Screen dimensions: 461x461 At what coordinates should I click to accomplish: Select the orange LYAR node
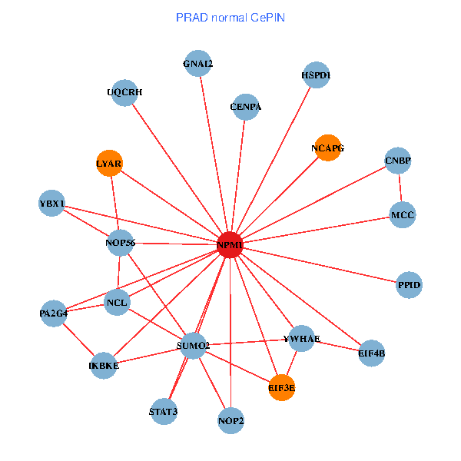[109, 163]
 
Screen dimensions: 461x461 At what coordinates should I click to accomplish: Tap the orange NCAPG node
[327, 147]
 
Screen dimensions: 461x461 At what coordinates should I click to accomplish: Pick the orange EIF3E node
[282, 388]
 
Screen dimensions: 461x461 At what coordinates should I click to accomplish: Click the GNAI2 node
[198, 64]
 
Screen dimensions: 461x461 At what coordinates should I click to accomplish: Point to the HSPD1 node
[316, 75]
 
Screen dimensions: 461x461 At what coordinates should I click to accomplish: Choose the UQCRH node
[124, 92]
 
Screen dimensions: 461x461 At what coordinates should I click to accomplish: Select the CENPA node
[245, 107]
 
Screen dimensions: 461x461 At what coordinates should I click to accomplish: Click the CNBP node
[398, 161]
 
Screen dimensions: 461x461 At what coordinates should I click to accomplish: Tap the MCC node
[402, 214]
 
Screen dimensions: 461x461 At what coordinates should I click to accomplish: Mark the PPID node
[409, 285]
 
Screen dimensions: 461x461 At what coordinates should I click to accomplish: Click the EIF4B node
[371, 353]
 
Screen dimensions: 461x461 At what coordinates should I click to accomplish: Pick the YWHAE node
[301, 339]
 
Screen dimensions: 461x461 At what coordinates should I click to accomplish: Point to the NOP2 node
[230, 420]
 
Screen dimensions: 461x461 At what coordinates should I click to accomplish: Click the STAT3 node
[164, 411]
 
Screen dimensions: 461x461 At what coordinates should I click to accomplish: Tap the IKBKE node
[104, 365]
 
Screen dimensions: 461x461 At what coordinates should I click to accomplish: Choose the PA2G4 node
[54, 313]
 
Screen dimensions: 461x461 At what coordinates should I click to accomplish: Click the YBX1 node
[51, 204]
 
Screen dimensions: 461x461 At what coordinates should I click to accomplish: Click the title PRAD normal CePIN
[230, 17]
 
